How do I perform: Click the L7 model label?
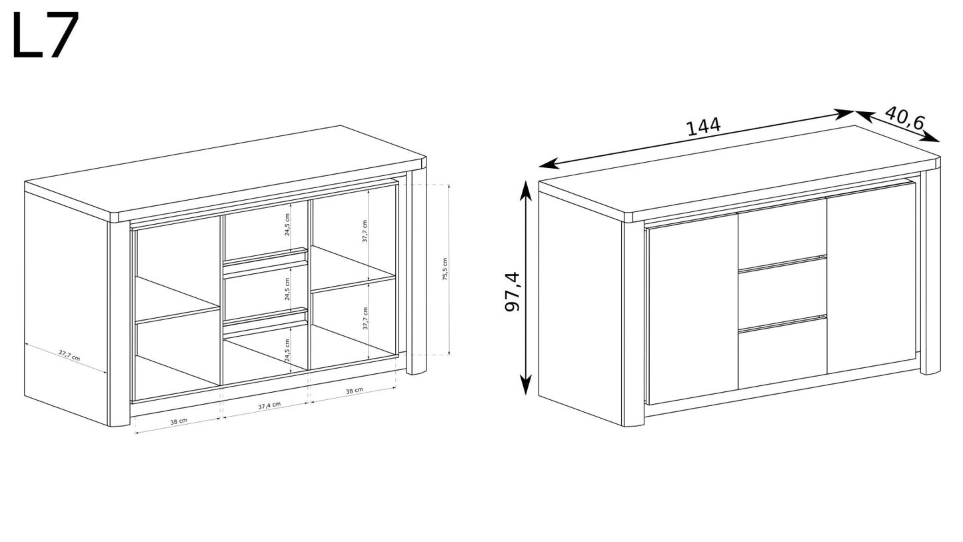[x=45, y=35]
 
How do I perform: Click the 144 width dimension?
[x=703, y=127]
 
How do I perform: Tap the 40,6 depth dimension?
[x=904, y=117]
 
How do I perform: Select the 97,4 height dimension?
[x=512, y=291]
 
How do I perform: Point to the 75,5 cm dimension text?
[x=445, y=269]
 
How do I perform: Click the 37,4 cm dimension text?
[x=269, y=405]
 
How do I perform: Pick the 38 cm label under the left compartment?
[x=179, y=421]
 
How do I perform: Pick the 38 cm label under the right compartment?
[x=355, y=391]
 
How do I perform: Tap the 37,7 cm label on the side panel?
[x=69, y=355]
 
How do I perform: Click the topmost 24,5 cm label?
[x=287, y=224]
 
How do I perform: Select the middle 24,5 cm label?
[x=287, y=289]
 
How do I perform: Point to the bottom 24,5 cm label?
[x=287, y=350]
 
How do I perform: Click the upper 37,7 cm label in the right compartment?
[x=365, y=231]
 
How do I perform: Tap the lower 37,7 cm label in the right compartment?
[x=365, y=318]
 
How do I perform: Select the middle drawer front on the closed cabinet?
[x=782, y=294]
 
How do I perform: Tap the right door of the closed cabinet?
[x=872, y=277]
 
